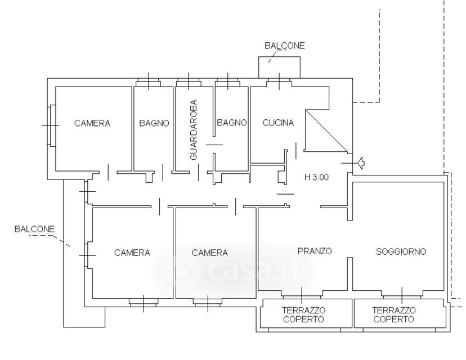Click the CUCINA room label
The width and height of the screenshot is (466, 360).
[278, 123]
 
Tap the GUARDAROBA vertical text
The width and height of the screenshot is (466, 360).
[193, 130]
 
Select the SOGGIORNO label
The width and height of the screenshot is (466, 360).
[401, 251]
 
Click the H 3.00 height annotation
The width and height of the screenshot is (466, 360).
[317, 177]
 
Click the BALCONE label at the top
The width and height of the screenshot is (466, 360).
[285, 46]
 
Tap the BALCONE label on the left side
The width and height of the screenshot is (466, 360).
[35, 229]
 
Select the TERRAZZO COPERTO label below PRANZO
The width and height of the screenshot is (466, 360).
[303, 315]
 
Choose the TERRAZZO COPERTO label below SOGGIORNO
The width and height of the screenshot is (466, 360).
[394, 315]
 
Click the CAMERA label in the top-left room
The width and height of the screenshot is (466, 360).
[92, 123]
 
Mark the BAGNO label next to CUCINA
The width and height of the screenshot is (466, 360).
[232, 123]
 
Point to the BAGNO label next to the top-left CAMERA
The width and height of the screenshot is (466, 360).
[154, 123]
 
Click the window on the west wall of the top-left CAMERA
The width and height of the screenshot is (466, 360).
[51, 125]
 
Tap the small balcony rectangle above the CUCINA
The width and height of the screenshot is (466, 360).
[279, 67]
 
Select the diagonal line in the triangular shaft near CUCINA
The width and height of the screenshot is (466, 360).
[326, 130]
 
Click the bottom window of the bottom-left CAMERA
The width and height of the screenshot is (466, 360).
[143, 303]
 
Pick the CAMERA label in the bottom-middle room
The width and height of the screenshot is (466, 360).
[210, 253]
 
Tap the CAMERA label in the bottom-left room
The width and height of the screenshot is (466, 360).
[132, 253]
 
